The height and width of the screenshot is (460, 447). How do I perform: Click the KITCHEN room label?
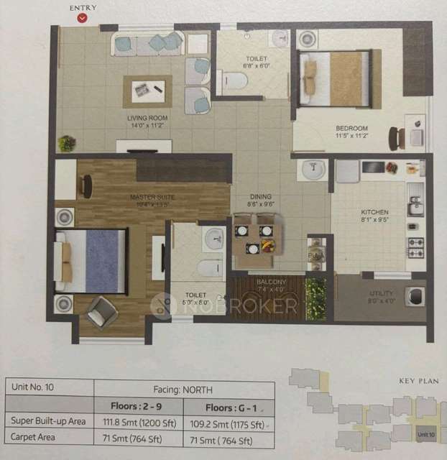coord(374,213)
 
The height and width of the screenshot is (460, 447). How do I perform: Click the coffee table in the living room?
coord(147,91)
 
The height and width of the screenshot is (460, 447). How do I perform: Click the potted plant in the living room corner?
coord(67,143)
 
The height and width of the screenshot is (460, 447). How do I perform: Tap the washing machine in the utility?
coord(415,295)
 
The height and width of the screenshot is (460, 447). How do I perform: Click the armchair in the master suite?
coord(102,311)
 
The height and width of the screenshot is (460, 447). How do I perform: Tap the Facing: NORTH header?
coord(185,387)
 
